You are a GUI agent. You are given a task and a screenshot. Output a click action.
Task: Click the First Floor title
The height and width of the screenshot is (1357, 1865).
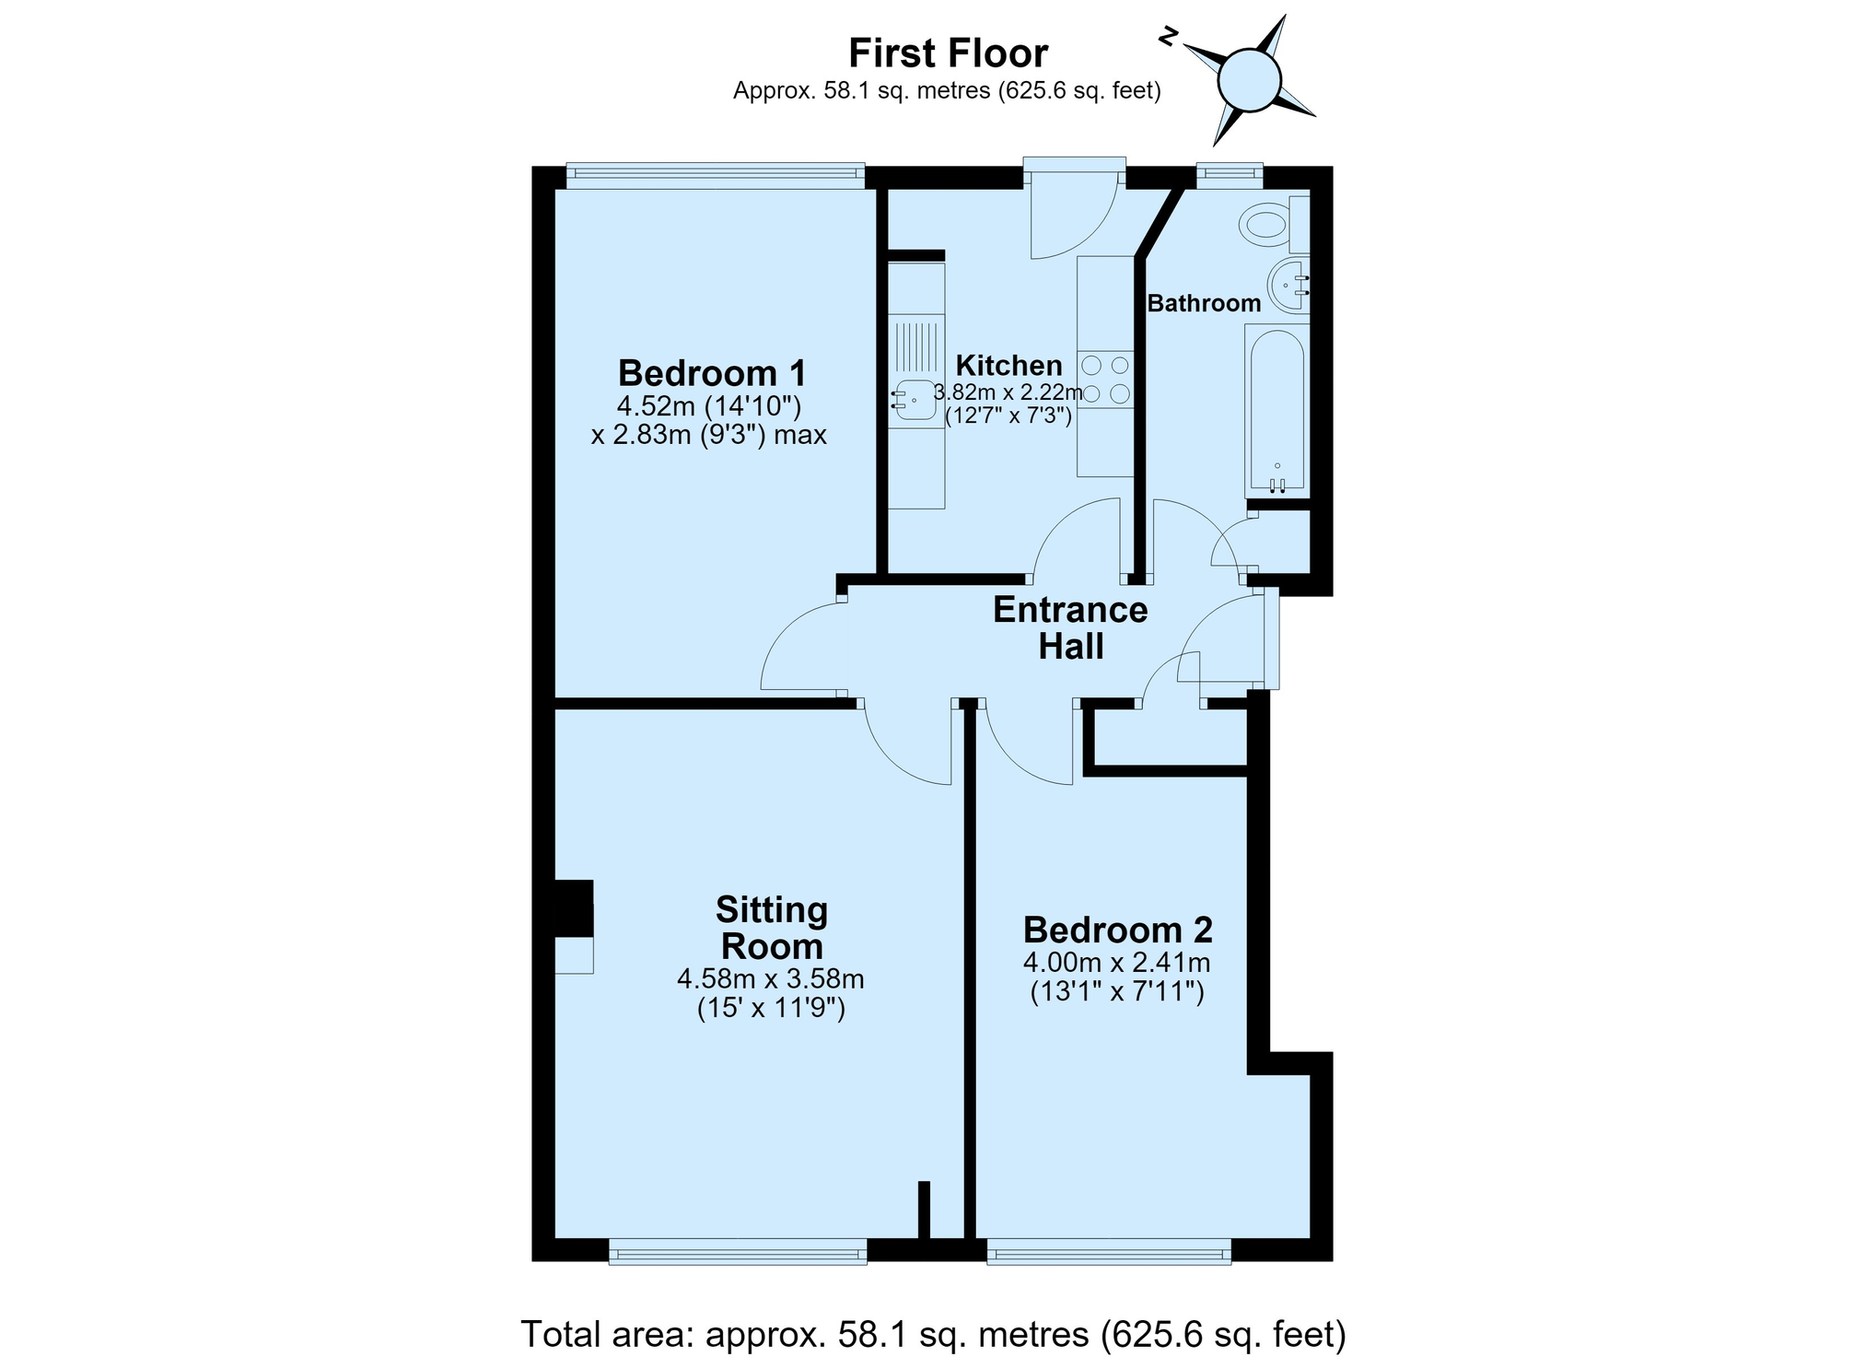pyautogui.click(x=948, y=53)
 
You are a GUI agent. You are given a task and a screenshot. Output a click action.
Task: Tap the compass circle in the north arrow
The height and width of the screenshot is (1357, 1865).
pyautogui.click(x=1249, y=80)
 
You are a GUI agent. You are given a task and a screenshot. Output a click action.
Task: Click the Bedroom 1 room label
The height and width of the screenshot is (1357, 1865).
pyautogui.click(x=712, y=373)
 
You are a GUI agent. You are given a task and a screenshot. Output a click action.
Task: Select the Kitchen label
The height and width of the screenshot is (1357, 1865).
pyautogui.click(x=1008, y=365)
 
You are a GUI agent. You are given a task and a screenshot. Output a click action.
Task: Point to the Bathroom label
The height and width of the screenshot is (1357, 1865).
pyautogui.click(x=1204, y=303)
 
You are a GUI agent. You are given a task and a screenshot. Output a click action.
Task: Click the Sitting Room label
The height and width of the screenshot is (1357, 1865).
pyautogui.click(x=772, y=928)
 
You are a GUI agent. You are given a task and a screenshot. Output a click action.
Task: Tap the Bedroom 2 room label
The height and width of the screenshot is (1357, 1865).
pyautogui.click(x=1117, y=930)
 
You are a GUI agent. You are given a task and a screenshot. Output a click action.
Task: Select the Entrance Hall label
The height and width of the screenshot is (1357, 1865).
pyautogui.click(x=1070, y=628)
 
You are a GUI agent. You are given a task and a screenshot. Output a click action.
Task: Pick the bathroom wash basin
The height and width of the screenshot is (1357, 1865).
pyautogui.click(x=1288, y=286)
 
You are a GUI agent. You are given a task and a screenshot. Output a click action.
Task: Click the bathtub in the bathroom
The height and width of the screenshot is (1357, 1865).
pyautogui.click(x=1276, y=410)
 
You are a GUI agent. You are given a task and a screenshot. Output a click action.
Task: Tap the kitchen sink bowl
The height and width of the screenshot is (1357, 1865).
pyautogui.click(x=915, y=400)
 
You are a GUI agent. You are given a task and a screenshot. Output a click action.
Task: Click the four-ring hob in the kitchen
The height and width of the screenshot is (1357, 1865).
pyautogui.click(x=1105, y=380)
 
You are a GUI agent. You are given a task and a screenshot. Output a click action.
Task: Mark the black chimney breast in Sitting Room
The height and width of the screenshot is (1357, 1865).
pyautogui.click(x=573, y=908)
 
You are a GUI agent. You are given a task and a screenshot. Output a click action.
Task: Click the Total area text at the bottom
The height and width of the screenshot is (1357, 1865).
pyautogui.click(x=933, y=1334)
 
